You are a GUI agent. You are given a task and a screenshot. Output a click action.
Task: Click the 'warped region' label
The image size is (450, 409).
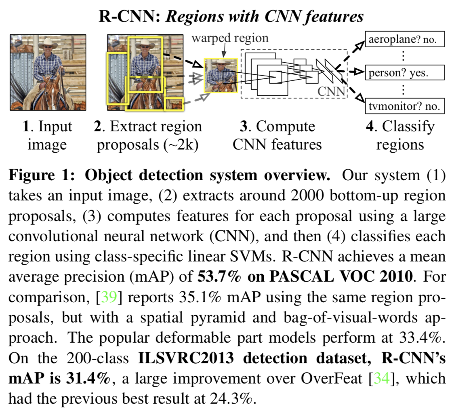[x=230, y=38]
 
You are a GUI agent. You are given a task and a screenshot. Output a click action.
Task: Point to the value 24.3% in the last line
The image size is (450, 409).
[x=233, y=398]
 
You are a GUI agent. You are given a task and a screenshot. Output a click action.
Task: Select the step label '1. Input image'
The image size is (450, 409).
[x=48, y=135]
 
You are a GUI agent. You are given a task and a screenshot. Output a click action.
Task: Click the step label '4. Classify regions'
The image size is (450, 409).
[x=400, y=135]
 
